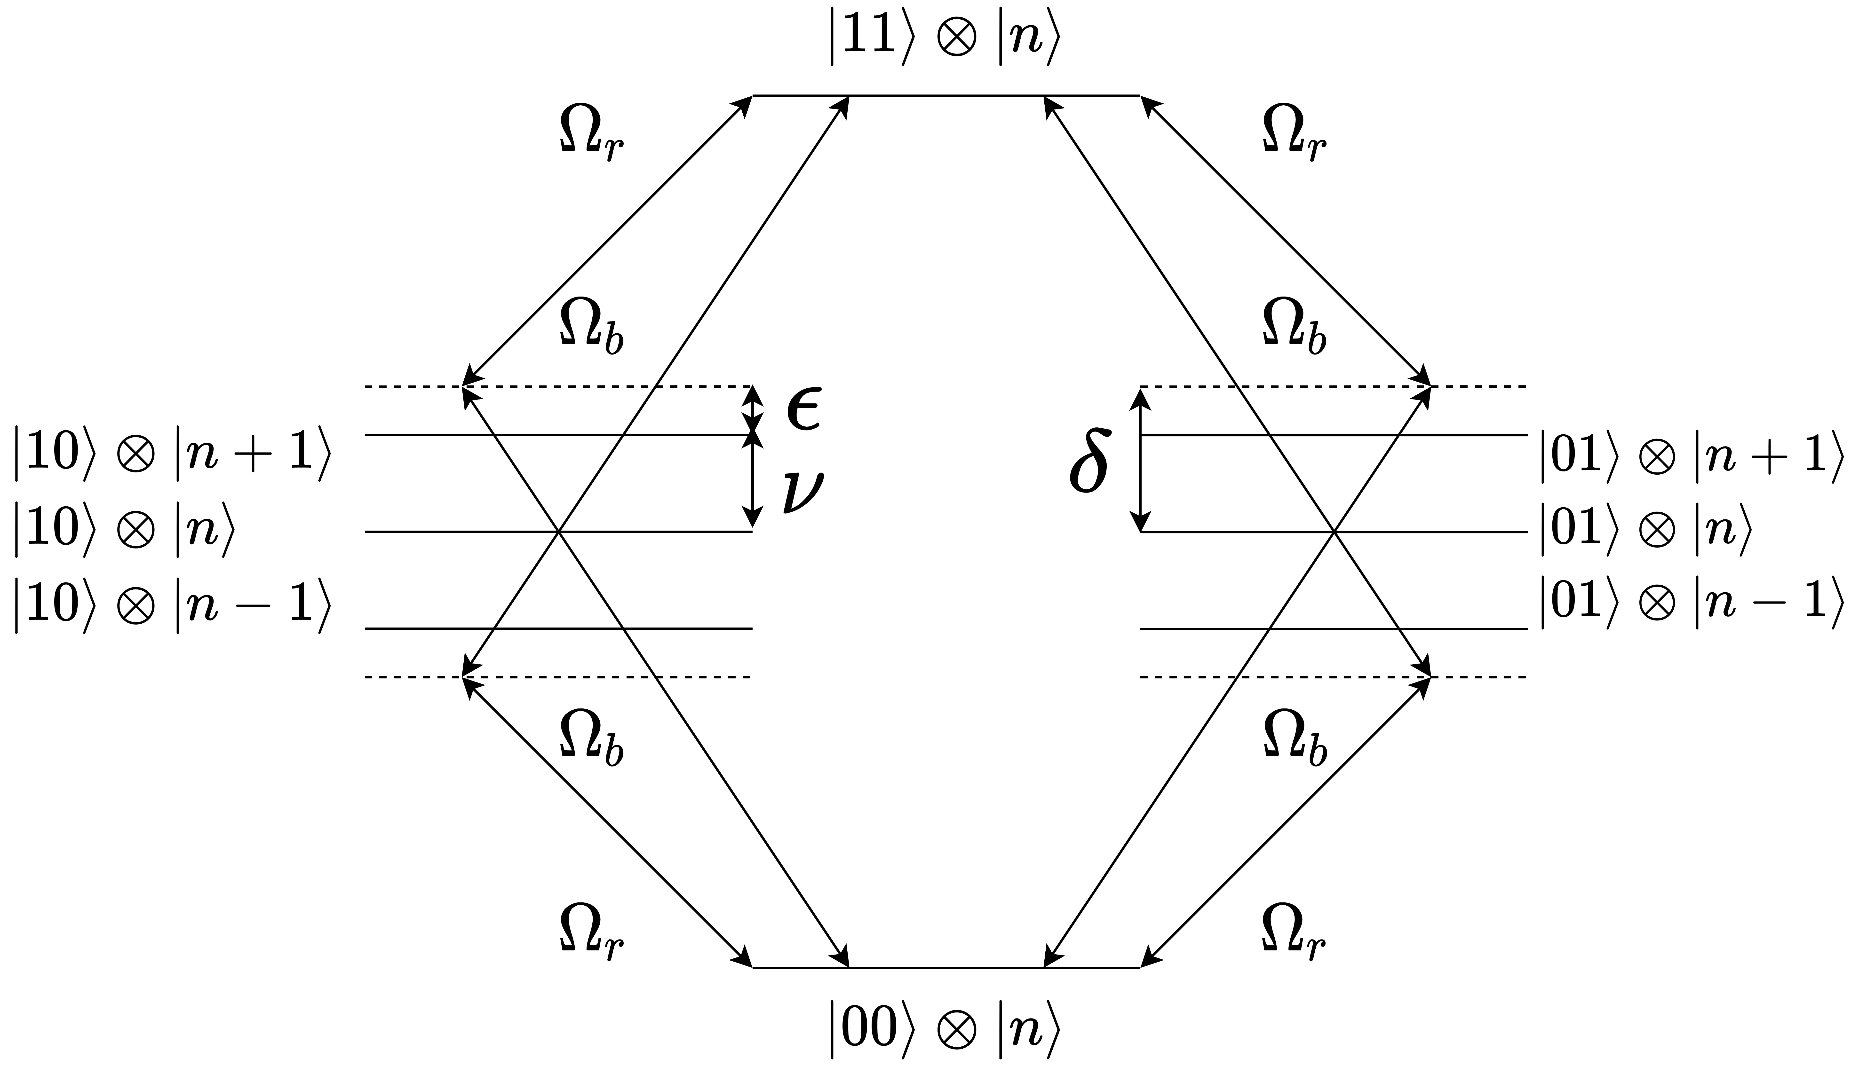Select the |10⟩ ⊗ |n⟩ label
pos(125,529)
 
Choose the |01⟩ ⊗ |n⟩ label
pos(1644,529)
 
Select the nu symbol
pos(802,492)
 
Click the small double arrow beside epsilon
pos(752,410)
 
